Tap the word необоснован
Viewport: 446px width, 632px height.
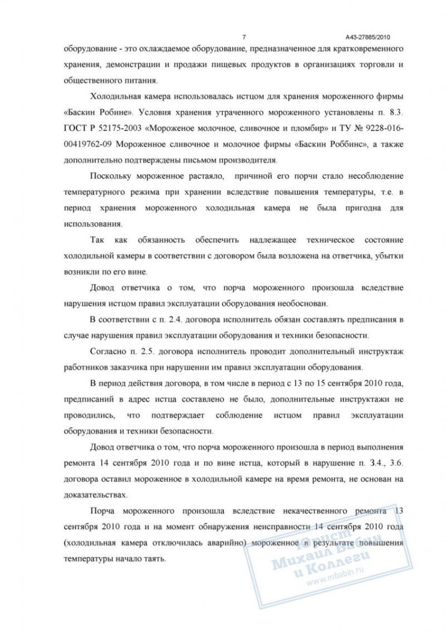point(300,305)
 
